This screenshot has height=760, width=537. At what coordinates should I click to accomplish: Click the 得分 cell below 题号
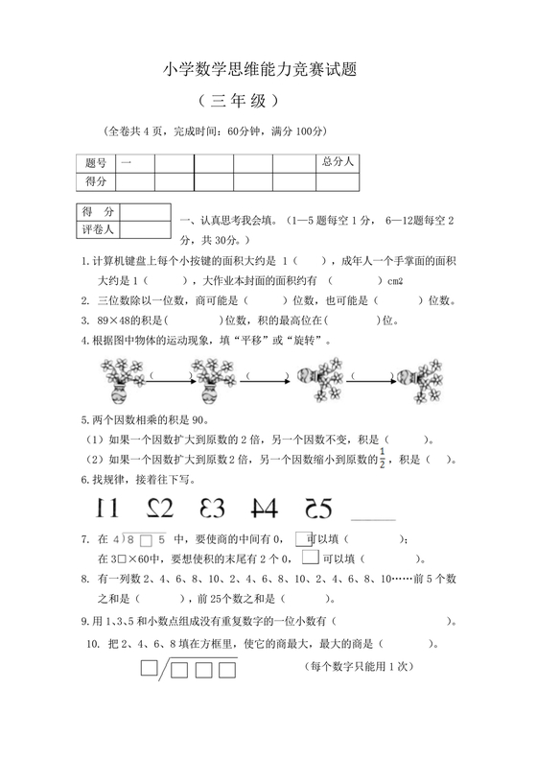click(x=96, y=180)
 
